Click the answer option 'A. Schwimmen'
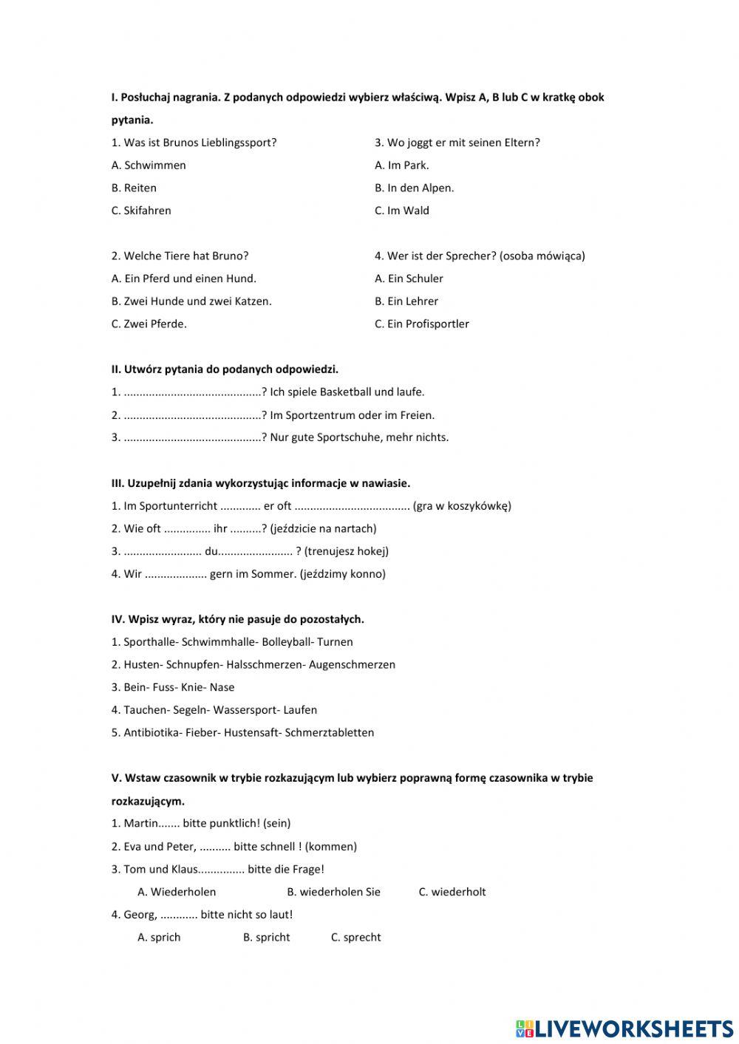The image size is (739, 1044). point(149,166)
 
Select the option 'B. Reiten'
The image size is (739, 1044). point(134,188)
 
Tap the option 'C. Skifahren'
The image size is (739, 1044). point(141,211)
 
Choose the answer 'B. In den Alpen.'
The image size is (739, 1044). point(414,188)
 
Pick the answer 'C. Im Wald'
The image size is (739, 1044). point(401,211)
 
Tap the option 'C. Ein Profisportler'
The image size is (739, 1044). point(421,324)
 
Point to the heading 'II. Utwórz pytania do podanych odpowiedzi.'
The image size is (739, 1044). point(225,369)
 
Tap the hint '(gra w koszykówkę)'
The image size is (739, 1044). point(462,506)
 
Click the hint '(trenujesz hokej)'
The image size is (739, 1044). point(346,551)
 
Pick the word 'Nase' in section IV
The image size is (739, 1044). point(222,687)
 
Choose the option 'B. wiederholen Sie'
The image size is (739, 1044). point(333,892)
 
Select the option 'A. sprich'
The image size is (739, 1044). point(159,938)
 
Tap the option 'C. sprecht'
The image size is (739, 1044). point(355,938)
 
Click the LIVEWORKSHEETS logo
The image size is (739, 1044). point(624,1028)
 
